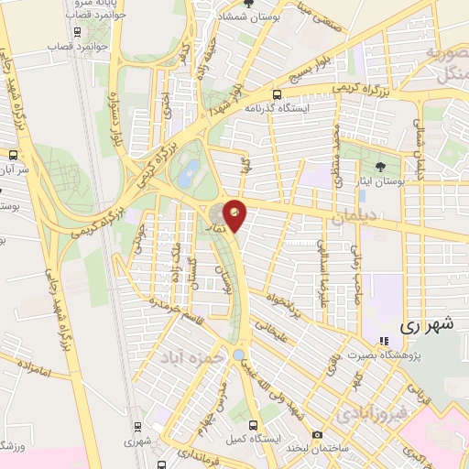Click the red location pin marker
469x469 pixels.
click(x=235, y=214)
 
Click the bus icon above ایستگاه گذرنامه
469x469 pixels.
click(x=276, y=94)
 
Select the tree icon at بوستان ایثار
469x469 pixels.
click(x=380, y=166)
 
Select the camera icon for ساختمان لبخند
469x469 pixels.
click(x=317, y=434)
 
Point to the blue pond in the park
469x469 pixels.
click(x=191, y=171)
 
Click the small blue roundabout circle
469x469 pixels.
click(x=238, y=354)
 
